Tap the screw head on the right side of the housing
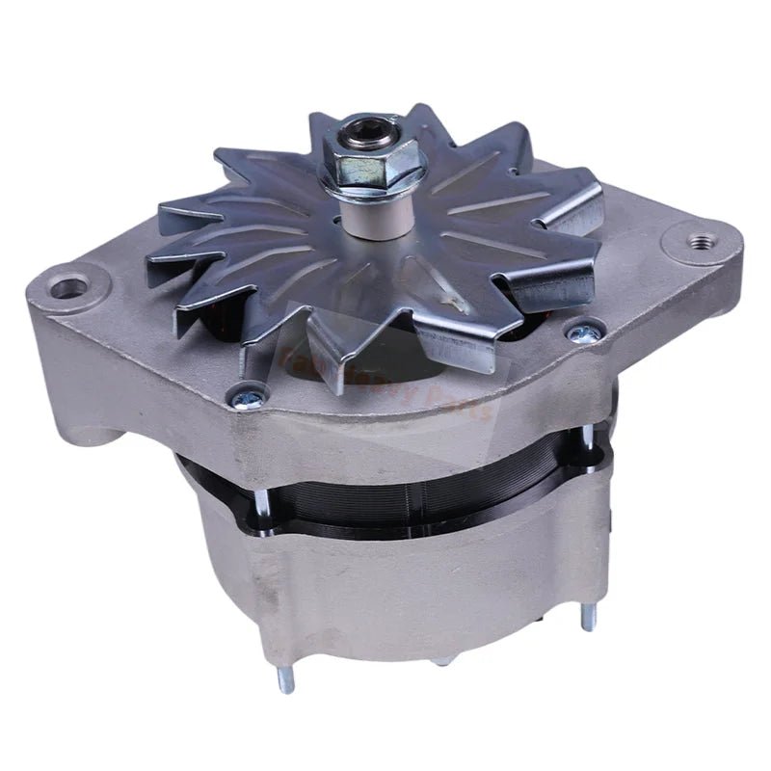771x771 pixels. [x=581, y=332]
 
